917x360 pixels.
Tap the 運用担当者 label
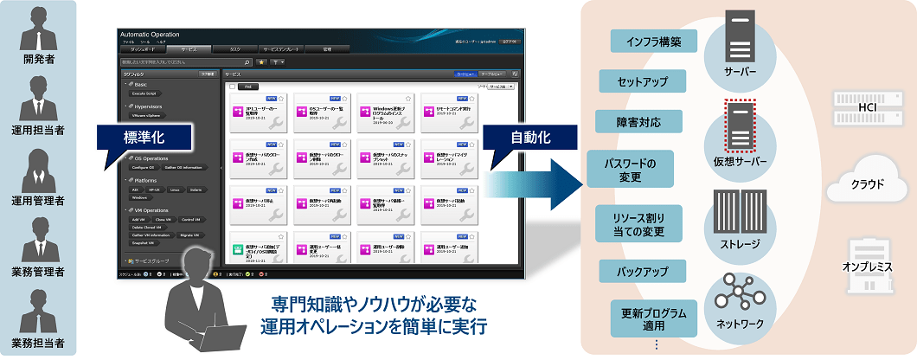(39, 129)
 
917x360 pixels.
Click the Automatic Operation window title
(151, 35)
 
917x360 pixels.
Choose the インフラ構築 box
(653, 41)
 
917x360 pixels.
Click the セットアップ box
(642, 81)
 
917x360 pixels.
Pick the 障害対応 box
(640, 122)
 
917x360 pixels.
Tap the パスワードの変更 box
(630, 170)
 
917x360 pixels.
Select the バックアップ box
(642, 272)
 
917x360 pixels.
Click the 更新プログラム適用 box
(642, 318)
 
